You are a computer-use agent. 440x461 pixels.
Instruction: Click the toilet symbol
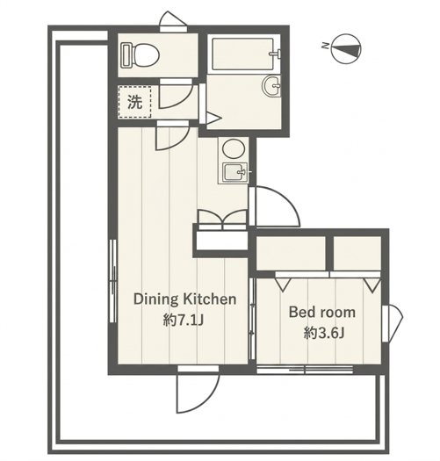[141, 55]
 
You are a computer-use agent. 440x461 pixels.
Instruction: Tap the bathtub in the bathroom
[245, 54]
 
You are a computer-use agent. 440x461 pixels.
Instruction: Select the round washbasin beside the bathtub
[271, 85]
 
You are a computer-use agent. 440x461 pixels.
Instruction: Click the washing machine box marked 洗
[134, 102]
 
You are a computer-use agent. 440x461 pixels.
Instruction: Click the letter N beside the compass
[325, 46]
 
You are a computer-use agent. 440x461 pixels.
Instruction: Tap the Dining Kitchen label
[184, 299]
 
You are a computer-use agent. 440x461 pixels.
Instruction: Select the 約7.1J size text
[184, 320]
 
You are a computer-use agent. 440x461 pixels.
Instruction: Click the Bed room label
[322, 312]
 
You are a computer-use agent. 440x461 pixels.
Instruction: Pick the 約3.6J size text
[324, 333]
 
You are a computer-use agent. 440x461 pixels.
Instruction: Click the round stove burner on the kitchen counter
[234, 149]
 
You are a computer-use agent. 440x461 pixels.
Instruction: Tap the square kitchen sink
[234, 172]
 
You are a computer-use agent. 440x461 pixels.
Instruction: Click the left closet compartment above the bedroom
[291, 253]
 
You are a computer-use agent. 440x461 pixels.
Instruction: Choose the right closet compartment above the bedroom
[357, 253]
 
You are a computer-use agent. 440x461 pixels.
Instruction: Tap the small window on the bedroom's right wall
[393, 323]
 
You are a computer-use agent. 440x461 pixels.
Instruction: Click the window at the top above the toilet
[173, 22]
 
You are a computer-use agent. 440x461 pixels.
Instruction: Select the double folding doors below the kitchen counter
[222, 220]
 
